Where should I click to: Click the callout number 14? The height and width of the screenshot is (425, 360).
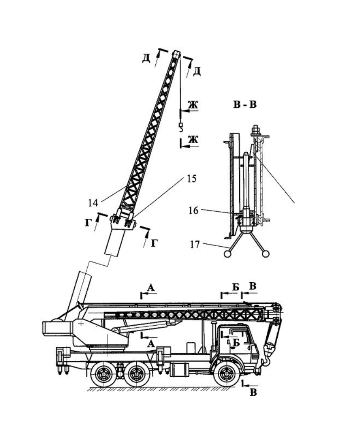tap(93, 203)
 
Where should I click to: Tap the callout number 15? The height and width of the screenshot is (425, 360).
tap(192, 179)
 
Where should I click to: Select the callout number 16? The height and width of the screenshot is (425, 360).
tap(194, 211)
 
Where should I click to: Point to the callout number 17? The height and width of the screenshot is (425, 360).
tap(195, 245)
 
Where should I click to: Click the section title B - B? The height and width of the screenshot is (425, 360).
tap(245, 104)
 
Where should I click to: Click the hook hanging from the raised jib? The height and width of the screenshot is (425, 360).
tap(181, 127)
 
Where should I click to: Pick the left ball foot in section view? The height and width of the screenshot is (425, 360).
tap(227, 253)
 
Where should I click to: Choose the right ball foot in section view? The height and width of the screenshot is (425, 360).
tap(266, 253)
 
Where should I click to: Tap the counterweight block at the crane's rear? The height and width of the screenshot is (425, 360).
tap(57, 329)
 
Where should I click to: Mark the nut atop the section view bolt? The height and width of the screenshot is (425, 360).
tap(255, 129)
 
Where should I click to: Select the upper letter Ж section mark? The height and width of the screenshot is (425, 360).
tap(193, 105)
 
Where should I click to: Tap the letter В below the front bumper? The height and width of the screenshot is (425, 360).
tap(253, 392)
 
